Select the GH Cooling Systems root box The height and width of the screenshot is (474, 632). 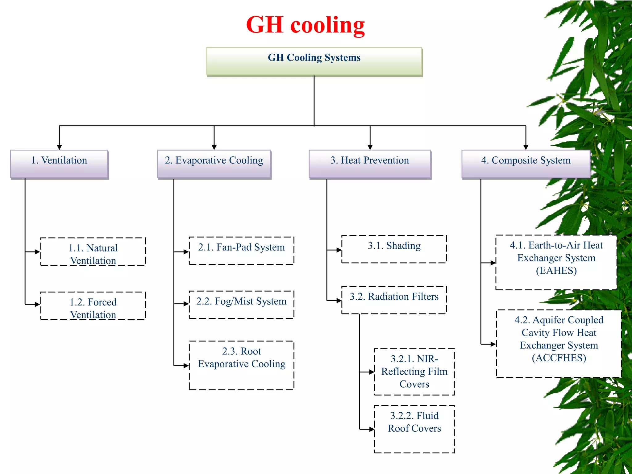click(x=314, y=61)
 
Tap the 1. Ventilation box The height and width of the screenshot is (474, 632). click(x=59, y=164)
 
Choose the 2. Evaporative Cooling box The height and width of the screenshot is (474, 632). click(x=214, y=164)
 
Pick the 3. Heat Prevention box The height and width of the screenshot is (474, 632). click(x=370, y=164)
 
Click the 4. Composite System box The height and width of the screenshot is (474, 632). click(x=526, y=164)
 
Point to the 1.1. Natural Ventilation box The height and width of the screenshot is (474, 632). click(x=93, y=252)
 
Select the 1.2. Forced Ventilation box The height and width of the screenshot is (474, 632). click(x=93, y=306)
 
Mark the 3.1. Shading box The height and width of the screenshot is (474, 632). click(x=394, y=249)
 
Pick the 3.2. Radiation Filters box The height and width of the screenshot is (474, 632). click(x=394, y=300)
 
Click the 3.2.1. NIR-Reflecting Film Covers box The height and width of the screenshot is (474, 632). click(x=414, y=372)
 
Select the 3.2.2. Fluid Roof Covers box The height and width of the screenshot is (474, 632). click(x=414, y=429)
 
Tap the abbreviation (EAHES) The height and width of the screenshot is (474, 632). click(x=556, y=271)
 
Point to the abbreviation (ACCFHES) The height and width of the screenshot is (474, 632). click(x=559, y=358)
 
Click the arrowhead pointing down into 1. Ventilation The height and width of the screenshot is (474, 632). click(x=59, y=147)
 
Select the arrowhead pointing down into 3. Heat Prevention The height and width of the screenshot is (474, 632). click(x=370, y=147)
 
